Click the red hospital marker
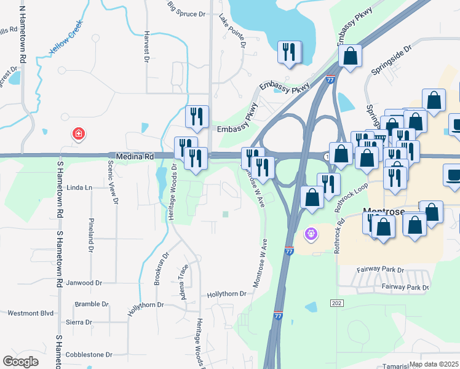point(78,133)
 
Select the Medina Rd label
point(131,157)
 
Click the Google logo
point(20,362)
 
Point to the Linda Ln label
point(79,187)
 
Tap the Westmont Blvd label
point(31,313)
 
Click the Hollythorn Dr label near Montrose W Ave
point(226,294)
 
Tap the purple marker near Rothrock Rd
point(311,234)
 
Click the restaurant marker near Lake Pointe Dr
point(288,52)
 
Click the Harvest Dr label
point(146,46)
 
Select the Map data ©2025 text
point(434,364)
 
